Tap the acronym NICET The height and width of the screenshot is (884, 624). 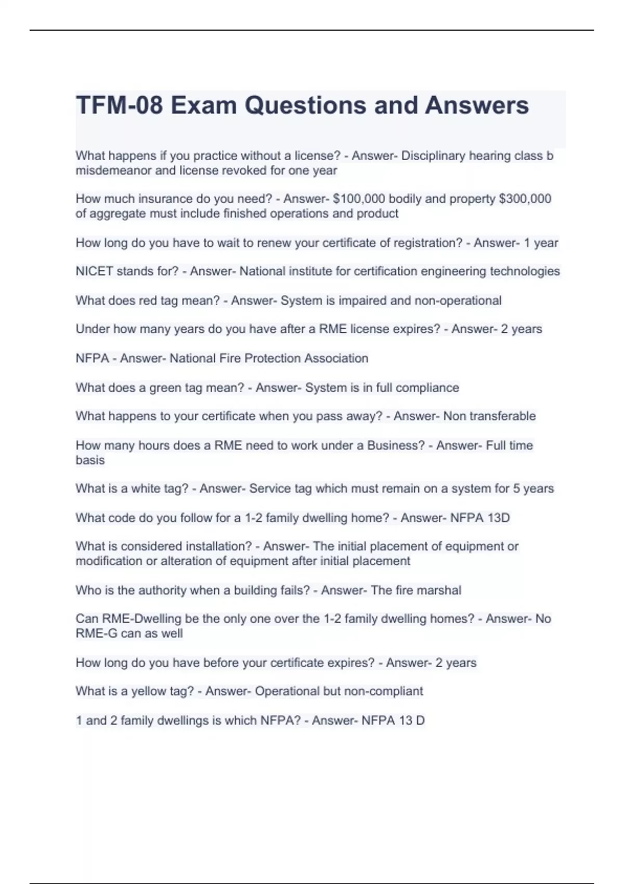click(x=94, y=271)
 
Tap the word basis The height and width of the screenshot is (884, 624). click(x=90, y=460)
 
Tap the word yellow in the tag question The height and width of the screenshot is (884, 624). click(x=148, y=691)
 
